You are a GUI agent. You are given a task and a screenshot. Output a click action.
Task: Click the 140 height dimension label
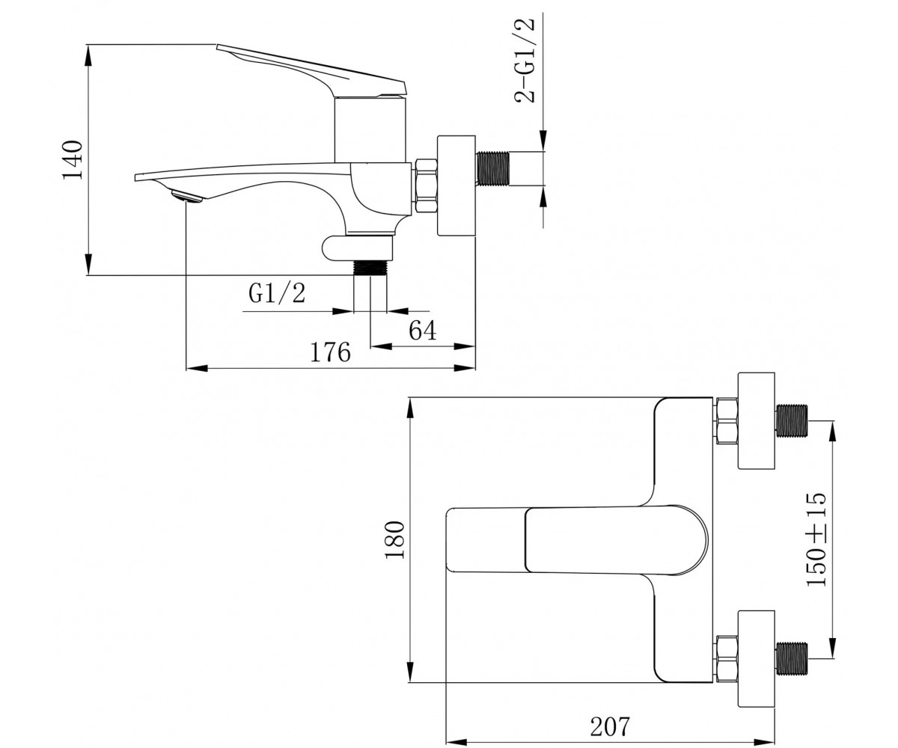click(x=73, y=160)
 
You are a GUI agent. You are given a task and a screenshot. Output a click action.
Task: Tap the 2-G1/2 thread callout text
click(x=525, y=61)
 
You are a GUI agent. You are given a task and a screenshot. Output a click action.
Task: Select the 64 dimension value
click(x=422, y=331)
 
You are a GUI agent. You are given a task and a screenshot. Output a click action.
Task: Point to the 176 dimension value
click(x=330, y=353)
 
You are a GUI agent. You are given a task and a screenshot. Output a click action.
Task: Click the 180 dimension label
click(x=394, y=539)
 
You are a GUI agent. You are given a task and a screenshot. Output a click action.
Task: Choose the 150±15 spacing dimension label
click(x=816, y=539)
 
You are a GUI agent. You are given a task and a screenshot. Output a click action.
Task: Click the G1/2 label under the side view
click(x=277, y=294)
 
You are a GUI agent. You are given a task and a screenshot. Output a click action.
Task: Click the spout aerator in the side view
click(x=186, y=197)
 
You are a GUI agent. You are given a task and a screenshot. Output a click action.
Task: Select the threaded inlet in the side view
click(x=493, y=168)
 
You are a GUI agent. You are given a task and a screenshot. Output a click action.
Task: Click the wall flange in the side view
click(x=456, y=186)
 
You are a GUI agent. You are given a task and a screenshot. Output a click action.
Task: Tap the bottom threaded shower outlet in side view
click(x=370, y=268)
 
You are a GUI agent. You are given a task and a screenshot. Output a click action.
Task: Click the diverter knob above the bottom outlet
click(x=358, y=248)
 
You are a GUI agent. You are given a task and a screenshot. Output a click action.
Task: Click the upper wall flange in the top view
click(x=757, y=420)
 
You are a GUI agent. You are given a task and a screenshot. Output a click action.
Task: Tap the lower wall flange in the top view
click(x=757, y=659)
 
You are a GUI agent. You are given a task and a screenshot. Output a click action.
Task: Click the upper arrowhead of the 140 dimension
click(x=88, y=55)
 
